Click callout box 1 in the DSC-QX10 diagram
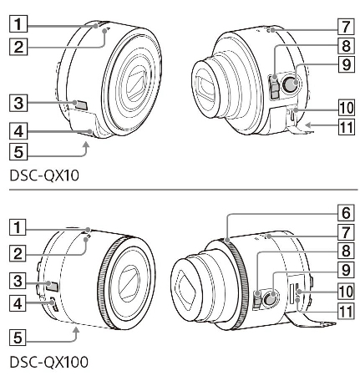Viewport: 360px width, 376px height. click(18, 23)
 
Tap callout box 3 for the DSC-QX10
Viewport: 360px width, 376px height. click(18, 103)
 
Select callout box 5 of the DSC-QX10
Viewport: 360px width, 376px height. click(18, 152)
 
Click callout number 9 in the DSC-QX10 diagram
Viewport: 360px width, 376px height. click(347, 64)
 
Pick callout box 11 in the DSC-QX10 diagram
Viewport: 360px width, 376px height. click(347, 127)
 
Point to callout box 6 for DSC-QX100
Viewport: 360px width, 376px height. click(346, 213)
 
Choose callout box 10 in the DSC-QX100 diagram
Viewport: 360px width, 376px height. click(346, 291)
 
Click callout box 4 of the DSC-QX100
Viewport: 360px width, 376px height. click(18, 303)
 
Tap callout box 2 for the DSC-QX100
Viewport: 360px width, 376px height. click(18, 253)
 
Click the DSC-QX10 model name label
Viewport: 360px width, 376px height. click(44, 175)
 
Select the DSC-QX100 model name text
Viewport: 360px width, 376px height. click(49, 362)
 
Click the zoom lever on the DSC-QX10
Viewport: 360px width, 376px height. click(275, 87)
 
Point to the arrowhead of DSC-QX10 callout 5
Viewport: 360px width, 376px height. click(87, 145)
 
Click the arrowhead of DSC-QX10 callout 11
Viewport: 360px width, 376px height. click(307, 125)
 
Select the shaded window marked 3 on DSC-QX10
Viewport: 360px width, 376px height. click(81, 104)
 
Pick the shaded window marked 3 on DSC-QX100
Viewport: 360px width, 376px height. click(52, 286)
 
